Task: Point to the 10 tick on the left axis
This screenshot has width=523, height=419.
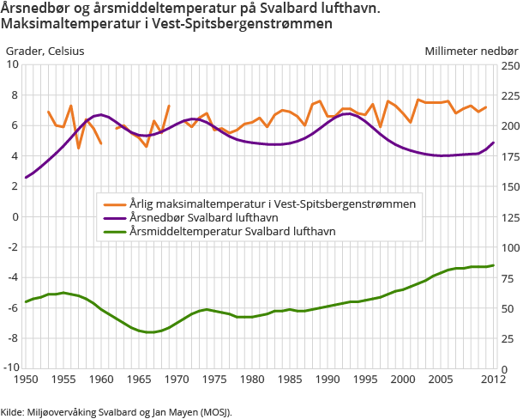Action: pos(13,64)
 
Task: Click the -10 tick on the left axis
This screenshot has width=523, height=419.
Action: pos(11,368)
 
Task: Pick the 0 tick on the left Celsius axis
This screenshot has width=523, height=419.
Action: pos(15,216)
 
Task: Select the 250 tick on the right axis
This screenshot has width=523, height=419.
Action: pos(510,64)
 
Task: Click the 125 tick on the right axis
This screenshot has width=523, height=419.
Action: pos(510,216)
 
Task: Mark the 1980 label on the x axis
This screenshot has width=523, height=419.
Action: pos(252,379)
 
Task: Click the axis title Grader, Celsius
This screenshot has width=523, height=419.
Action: pos(45,51)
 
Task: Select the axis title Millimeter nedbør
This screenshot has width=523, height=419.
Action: pos(472,51)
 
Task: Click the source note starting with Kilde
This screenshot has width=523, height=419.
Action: pos(117,411)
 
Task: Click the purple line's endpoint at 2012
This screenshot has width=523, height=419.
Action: pos(494,143)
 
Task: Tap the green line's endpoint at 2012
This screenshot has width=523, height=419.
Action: pos(494,265)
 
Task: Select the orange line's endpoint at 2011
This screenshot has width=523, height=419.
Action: pos(486,107)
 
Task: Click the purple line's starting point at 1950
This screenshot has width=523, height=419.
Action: pos(26,177)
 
